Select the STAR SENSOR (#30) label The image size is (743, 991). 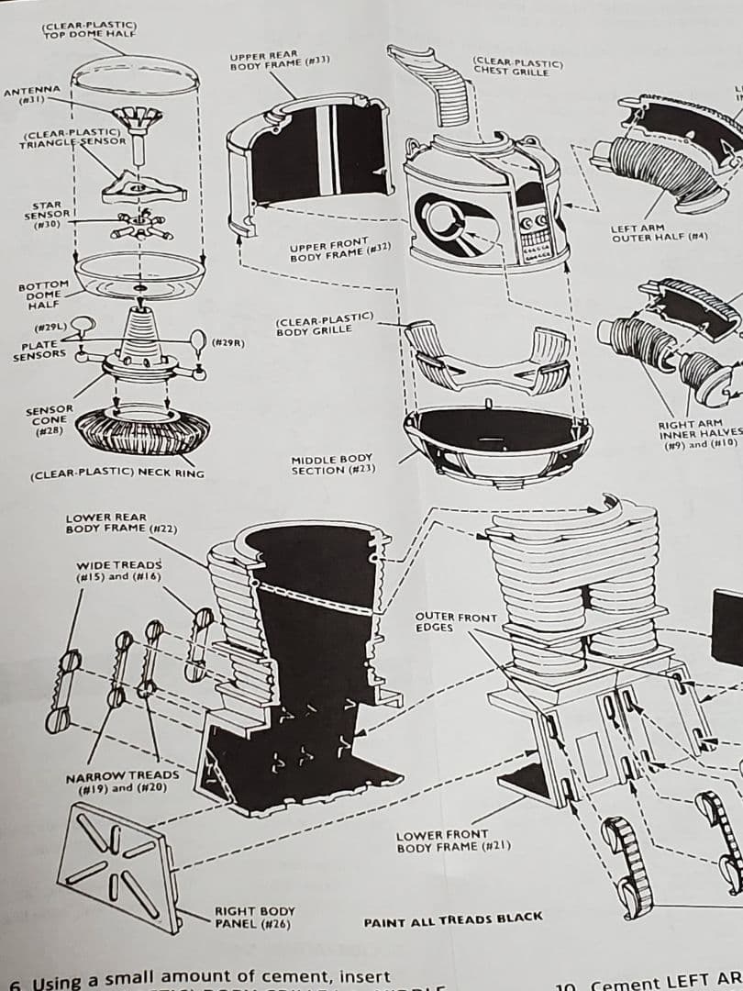click(x=46, y=214)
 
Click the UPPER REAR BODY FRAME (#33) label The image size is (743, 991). click(x=280, y=62)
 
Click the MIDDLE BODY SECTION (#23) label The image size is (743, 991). click(x=331, y=465)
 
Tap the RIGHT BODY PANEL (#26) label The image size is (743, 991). click(x=255, y=917)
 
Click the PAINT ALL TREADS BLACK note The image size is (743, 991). click(x=453, y=918)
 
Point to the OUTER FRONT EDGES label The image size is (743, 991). click(x=455, y=622)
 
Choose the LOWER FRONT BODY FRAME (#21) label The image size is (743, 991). click(x=453, y=841)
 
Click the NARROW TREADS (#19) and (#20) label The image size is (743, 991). click(x=123, y=782)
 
